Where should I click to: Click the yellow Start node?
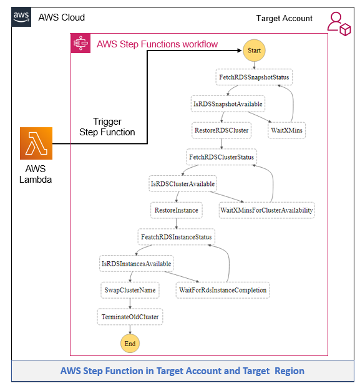[255, 51]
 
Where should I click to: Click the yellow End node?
[130, 343]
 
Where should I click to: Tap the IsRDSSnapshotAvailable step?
[228, 104]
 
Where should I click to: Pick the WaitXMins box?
[286, 130]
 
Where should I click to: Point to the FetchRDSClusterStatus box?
[221, 157]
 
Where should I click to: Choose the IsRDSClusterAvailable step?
[183, 184]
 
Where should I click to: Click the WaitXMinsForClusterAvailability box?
[266, 210]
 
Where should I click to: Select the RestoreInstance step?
[177, 210]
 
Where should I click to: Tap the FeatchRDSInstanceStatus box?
[177, 237]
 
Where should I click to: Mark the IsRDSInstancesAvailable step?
[136, 264]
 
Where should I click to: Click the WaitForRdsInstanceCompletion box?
[223, 290]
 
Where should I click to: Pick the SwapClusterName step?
[130, 290]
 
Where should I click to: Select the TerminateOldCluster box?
[130, 317]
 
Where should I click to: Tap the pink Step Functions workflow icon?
[80, 44]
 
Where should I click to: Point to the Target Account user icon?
[339, 22]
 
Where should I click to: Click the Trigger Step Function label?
[107, 127]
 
